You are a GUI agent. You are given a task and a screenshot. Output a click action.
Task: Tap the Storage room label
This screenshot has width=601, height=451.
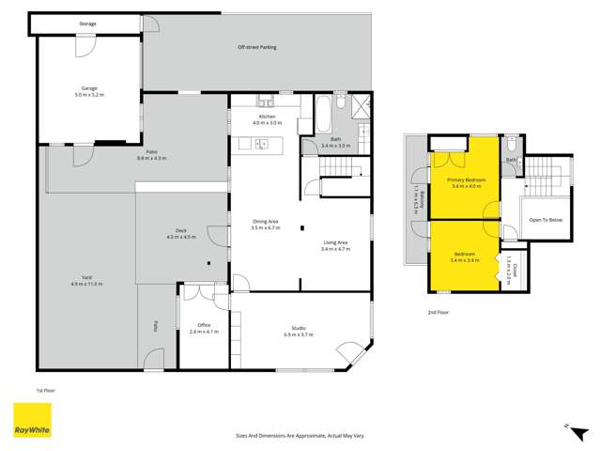click(87, 23)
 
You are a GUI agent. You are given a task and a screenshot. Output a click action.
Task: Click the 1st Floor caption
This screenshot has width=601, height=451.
click(46, 388)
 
